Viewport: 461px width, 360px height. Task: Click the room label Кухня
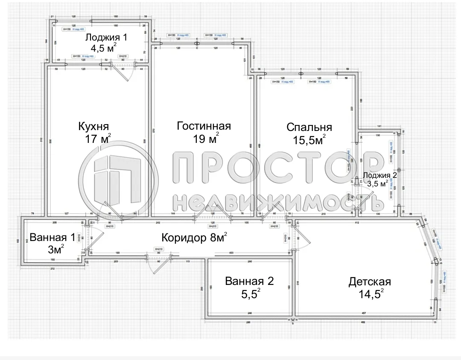(93, 127)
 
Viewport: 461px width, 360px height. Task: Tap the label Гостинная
(204, 126)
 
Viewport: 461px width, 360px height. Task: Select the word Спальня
(309, 127)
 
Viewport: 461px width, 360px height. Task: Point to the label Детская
(370, 282)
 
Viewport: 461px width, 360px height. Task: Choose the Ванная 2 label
(249, 281)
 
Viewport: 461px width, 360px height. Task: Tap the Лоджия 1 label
(106, 37)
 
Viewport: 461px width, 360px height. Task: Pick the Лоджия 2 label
(380, 175)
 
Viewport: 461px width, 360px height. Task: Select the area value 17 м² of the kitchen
(98, 139)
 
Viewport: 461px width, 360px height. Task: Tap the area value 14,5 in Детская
(369, 294)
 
